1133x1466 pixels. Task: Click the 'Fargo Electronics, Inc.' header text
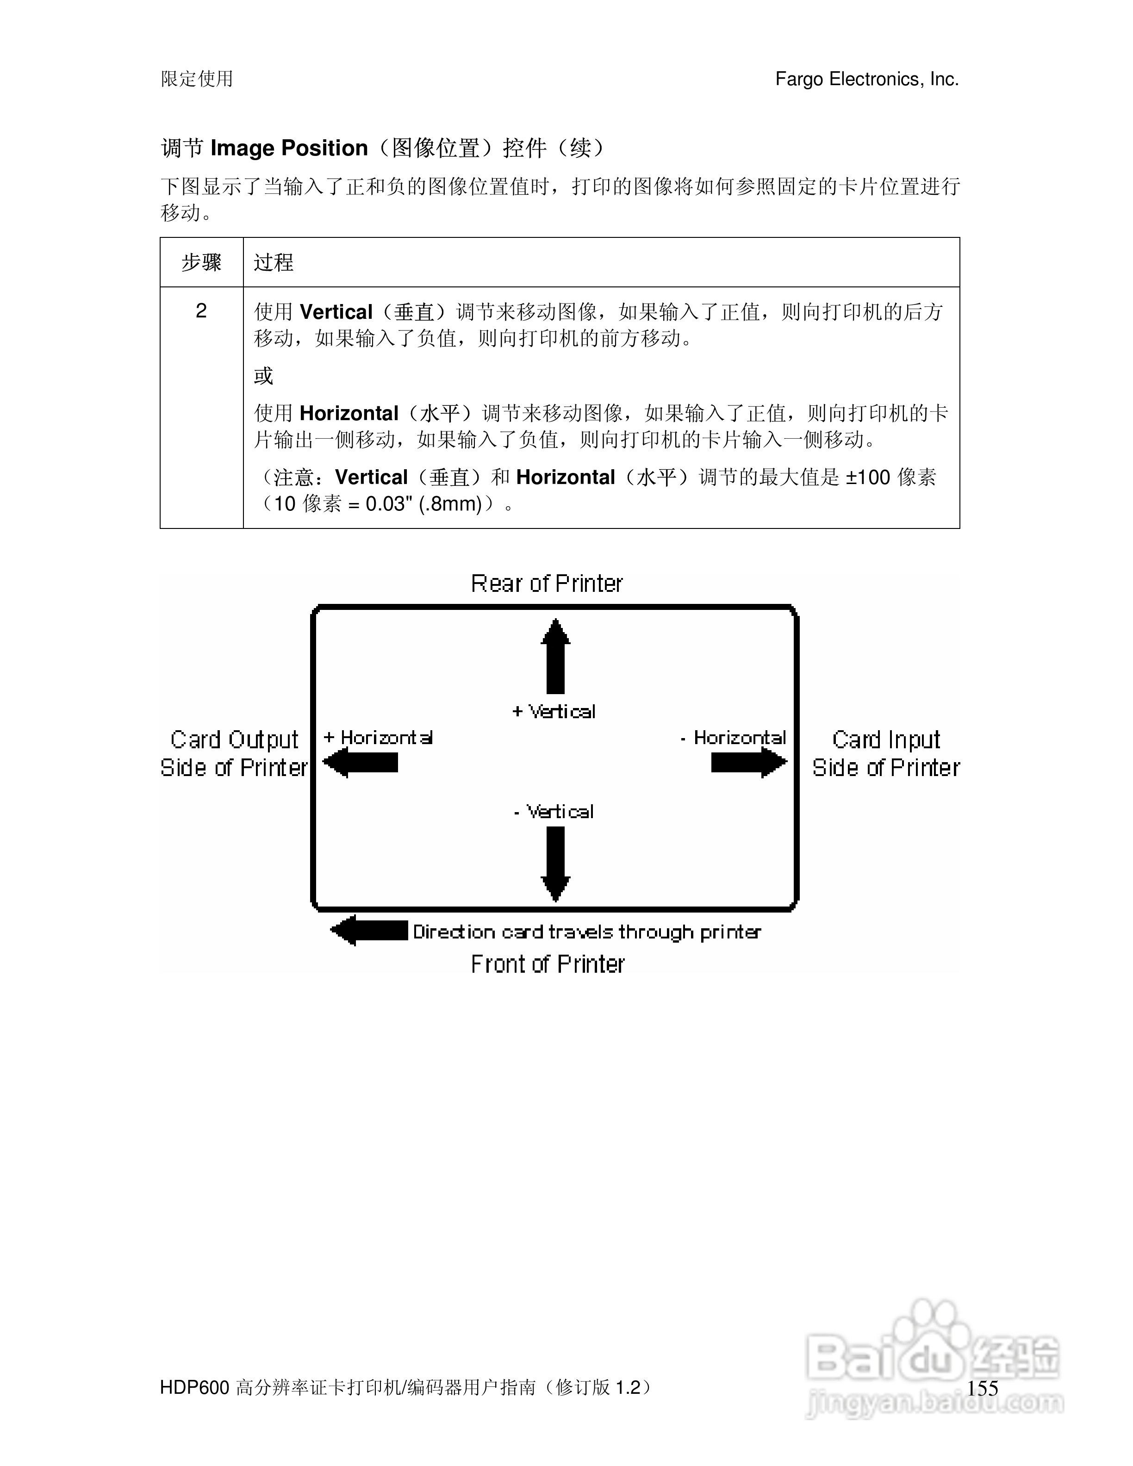[x=866, y=79]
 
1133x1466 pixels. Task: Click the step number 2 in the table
[x=201, y=311]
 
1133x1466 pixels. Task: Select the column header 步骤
[x=201, y=262]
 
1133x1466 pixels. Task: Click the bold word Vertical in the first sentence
[x=336, y=312]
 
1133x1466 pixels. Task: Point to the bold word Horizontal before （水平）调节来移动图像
[x=349, y=413]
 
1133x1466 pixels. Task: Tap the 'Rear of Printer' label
[x=546, y=584]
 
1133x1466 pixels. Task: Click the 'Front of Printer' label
[x=547, y=964]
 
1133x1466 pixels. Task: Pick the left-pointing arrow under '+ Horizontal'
[x=361, y=763]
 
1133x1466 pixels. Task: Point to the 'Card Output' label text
[x=234, y=740]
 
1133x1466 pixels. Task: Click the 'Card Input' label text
[x=886, y=740]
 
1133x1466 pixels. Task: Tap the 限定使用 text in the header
[x=197, y=79]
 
